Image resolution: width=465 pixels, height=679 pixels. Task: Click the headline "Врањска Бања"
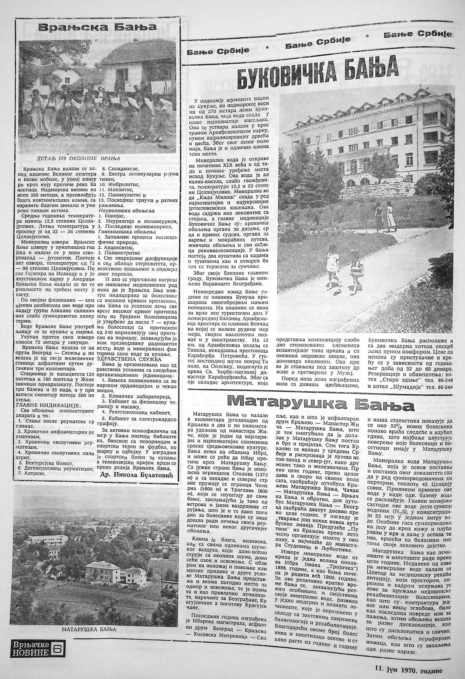pos(98,28)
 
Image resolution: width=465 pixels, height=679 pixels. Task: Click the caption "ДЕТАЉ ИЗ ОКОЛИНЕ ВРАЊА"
pos(78,158)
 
